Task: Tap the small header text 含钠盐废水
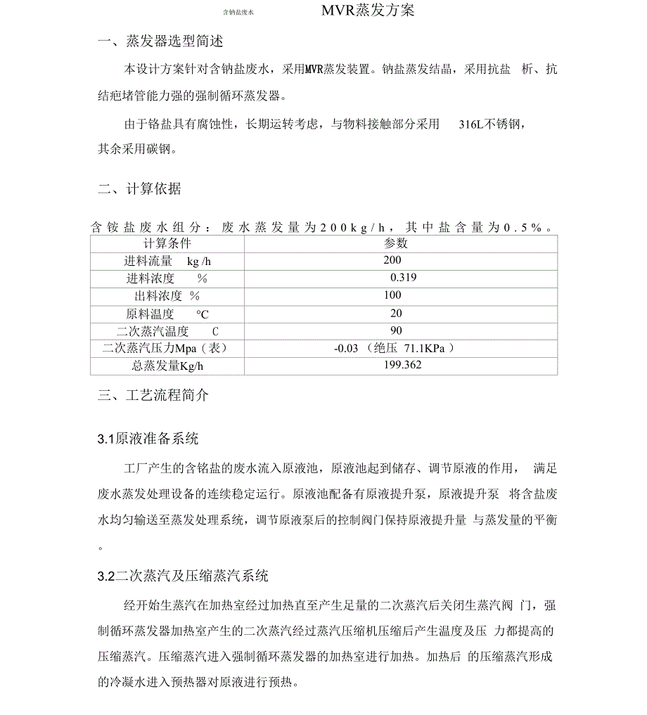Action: pyautogui.click(x=238, y=12)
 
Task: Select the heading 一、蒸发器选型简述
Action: pyautogui.click(x=160, y=42)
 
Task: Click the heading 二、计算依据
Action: pyautogui.click(x=139, y=188)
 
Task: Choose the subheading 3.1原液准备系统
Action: pyautogui.click(x=148, y=439)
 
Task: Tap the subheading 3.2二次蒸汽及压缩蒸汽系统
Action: pyautogui.click(x=183, y=576)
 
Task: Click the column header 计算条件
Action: pyautogui.click(x=167, y=243)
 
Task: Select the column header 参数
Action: pyautogui.click(x=396, y=243)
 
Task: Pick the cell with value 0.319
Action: pyautogui.click(x=403, y=278)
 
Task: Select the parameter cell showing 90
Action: pyautogui.click(x=396, y=330)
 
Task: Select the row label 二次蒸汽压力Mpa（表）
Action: pyautogui.click(x=165, y=348)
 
